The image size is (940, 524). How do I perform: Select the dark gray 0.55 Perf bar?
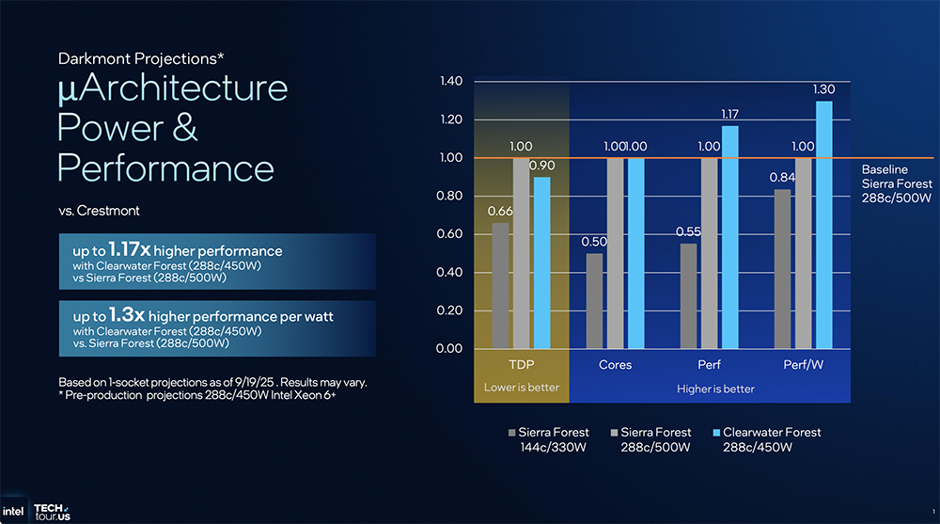[688, 295]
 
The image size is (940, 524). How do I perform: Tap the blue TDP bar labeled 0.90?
[541, 262]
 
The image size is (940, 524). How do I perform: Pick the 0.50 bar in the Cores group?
[594, 301]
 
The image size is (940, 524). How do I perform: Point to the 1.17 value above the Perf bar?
[729, 114]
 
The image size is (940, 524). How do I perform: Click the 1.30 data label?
[823, 89]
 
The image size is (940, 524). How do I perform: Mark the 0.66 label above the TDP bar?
[500, 211]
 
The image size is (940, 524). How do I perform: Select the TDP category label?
[521, 364]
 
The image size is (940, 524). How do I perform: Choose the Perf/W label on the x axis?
[803, 364]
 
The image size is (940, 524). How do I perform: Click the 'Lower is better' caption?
[521, 388]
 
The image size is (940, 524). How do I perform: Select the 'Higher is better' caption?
[715, 388]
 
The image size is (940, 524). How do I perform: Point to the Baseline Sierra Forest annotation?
[897, 183]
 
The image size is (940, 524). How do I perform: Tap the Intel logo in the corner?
[13, 512]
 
